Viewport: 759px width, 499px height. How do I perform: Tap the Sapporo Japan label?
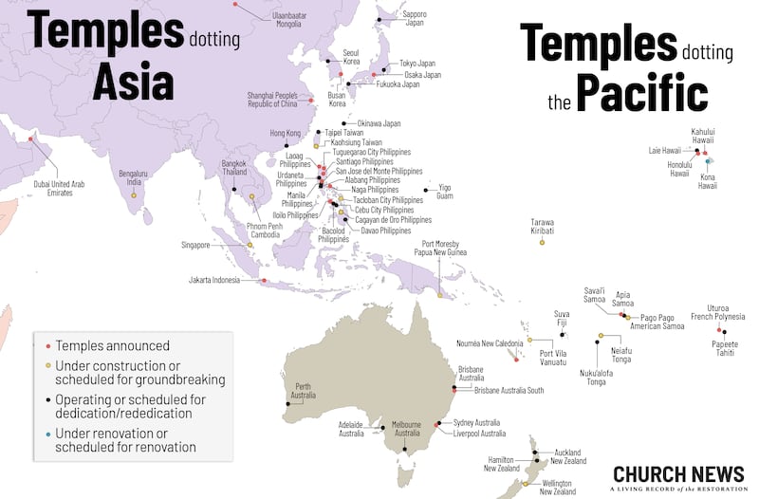(x=415, y=20)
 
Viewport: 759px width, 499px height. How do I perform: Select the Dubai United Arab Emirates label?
(x=60, y=188)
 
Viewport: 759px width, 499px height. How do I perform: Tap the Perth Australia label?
(x=305, y=390)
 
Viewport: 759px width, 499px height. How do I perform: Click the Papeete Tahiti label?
(x=724, y=347)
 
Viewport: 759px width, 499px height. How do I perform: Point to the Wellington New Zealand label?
(x=558, y=488)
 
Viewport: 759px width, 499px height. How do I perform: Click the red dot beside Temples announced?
(x=46, y=346)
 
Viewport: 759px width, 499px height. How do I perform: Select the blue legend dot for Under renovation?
(x=46, y=434)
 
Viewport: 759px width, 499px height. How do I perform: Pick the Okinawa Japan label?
(x=379, y=123)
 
